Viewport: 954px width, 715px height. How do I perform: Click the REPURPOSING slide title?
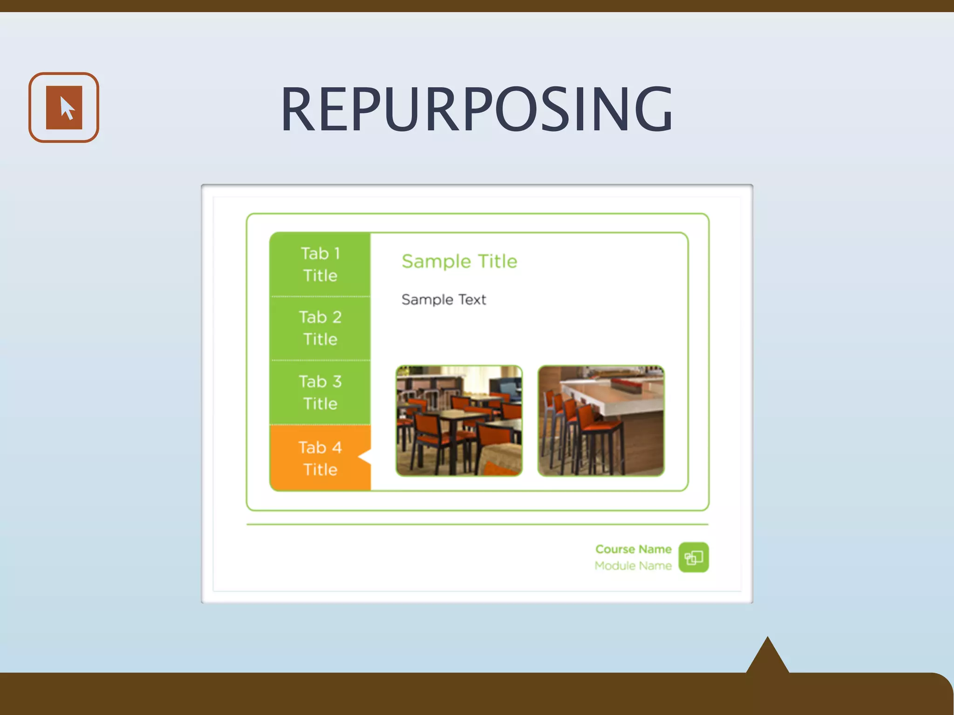[x=477, y=109]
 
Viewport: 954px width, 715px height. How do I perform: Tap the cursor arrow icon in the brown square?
[x=65, y=108]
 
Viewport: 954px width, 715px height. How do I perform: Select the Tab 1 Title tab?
[x=320, y=264]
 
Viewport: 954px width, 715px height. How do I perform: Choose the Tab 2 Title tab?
[x=320, y=328]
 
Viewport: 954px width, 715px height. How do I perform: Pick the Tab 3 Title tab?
[x=320, y=392]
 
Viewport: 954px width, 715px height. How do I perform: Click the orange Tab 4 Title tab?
[x=320, y=458]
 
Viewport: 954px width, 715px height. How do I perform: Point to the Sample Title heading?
[x=459, y=261]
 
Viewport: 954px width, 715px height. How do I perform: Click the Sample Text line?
[x=443, y=299]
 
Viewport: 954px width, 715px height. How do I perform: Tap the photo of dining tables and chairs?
[x=459, y=421]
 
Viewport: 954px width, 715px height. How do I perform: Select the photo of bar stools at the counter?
[x=601, y=421]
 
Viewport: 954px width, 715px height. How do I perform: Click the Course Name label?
[x=633, y=549]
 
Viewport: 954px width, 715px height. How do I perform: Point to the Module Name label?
[x=633, y=566]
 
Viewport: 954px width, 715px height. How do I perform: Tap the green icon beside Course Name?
[x=694, y=557]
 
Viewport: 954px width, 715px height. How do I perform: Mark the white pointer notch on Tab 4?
[x=366, y=457]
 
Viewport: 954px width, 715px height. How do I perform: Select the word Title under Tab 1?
[x=320, y=276]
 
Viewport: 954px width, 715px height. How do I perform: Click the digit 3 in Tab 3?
[x=337, y=381]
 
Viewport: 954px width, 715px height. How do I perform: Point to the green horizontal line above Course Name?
[x=477, y=524]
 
